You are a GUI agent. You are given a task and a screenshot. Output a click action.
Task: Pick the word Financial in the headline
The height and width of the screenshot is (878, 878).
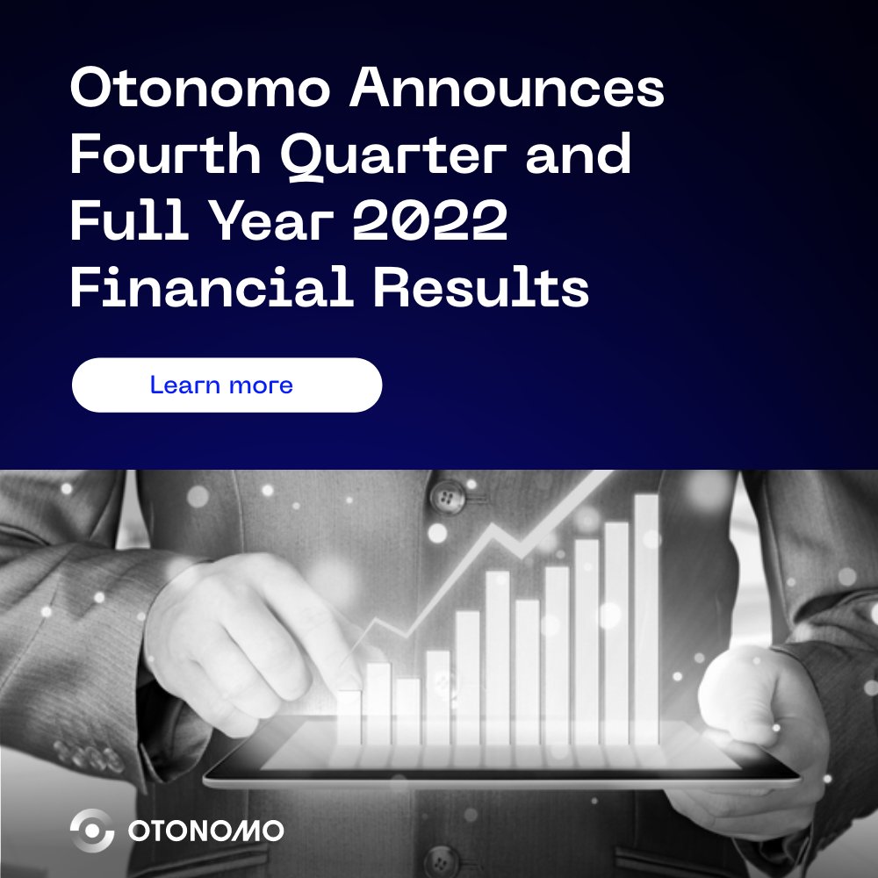click(x=211, y=286)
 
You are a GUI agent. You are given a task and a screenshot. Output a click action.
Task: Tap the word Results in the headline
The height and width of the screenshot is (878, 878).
click(x=481, y=286)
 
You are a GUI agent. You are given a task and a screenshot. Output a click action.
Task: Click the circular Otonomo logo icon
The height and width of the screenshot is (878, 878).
click(x=92, y=831)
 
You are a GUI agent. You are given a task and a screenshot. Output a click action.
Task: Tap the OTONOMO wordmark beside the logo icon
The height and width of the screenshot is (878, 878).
click(x=205, y=831)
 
